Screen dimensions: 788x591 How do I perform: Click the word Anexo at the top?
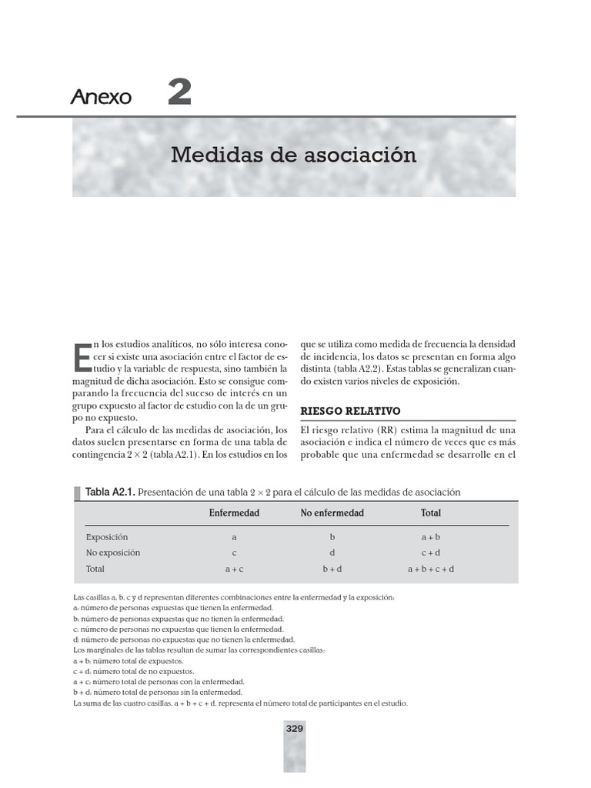[x=102, y=98]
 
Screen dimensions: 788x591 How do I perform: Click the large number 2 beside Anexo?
[x=179, y=94]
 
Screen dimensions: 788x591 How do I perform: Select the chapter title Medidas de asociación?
[x=293, y=155]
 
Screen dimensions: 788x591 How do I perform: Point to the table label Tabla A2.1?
[x=109, y=492]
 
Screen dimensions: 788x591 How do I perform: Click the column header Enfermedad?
[x=234, y=513]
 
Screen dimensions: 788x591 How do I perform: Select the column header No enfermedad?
[x=332, y=513]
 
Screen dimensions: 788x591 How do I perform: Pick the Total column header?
[x=431, y=513]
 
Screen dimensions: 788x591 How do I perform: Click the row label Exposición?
[x=107, y=537]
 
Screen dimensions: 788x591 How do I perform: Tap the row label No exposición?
[x=113, y=553]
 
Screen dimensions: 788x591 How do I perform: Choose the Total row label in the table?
[x=95, y=569]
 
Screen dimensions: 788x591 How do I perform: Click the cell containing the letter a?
[x=234, y=537]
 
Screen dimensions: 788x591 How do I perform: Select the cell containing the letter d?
[x=332, y=553]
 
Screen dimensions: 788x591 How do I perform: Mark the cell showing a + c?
[x=234, y=569]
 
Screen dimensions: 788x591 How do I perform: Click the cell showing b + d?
[x=332, y=569]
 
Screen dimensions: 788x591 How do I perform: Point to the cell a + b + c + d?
[x=431, y=569]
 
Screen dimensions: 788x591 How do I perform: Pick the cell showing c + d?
[x=431, y=553]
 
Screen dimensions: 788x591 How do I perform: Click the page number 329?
[x=295, y=729]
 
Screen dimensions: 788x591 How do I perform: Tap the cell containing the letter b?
[x=332, y=537]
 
